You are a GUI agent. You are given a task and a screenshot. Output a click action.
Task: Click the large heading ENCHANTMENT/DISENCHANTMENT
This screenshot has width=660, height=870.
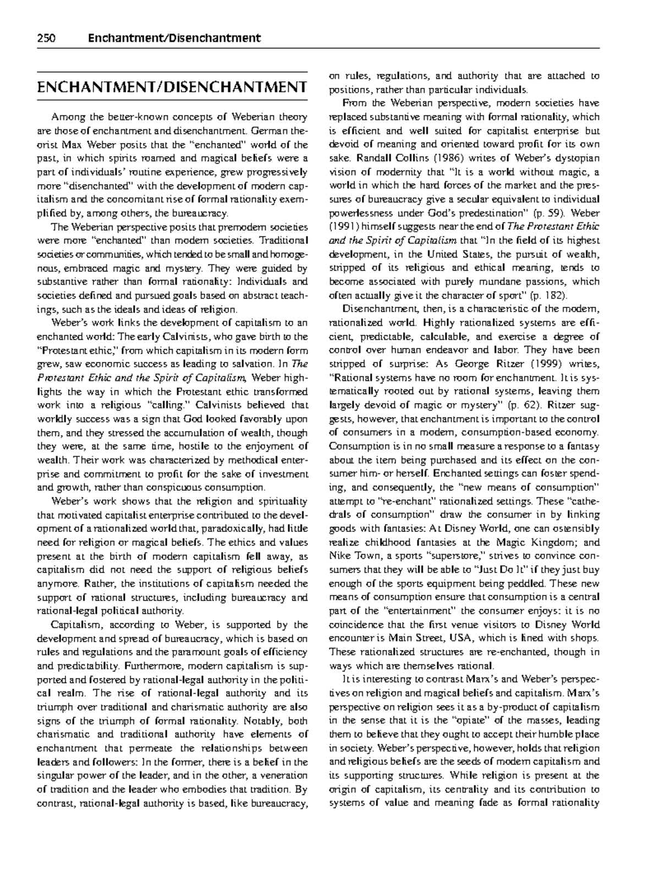click(x=171, y=87)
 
